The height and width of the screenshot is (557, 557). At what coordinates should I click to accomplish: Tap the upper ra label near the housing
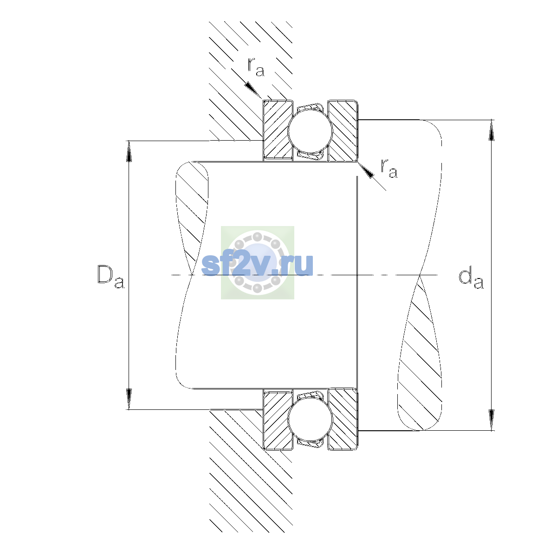pyautogui.click(x=255, y=67)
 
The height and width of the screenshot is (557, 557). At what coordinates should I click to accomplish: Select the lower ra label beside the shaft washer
pyautogui.click(x=389, y=168)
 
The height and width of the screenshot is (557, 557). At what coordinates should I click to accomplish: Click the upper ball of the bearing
pyautogui.click(x=310, y=130)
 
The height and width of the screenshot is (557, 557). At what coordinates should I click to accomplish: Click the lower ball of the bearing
pyautogui.click(x=310, y=420)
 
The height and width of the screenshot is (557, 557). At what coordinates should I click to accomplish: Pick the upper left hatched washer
pyautogui.click(x=278, y=130)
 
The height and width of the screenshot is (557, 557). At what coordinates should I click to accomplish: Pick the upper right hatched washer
pyautogui.click(x=343, y=130)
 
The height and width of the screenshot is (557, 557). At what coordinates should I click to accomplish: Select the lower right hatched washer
pyautogui.click(x=343, y=420)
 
